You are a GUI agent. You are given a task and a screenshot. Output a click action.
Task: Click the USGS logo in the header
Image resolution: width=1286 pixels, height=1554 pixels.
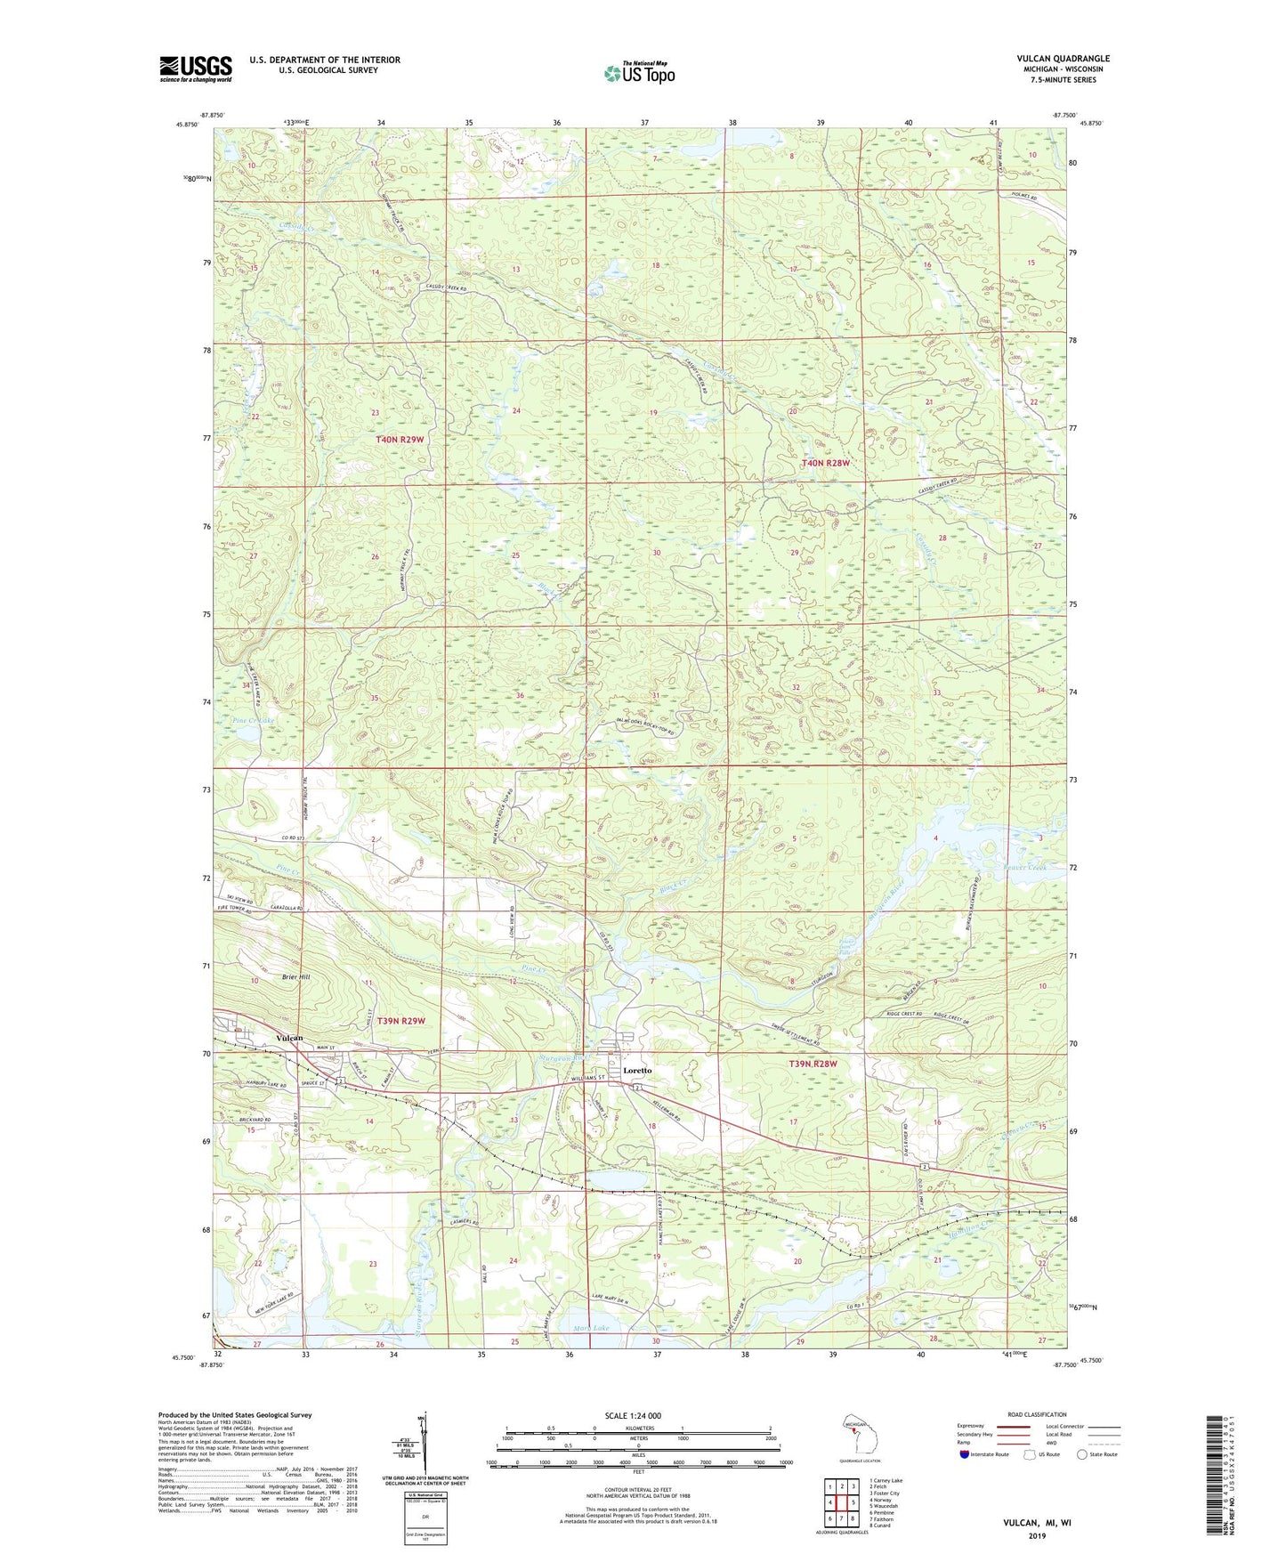pos(196,69)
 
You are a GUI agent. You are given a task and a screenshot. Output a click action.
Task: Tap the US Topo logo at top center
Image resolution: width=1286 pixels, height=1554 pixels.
pos(639,73)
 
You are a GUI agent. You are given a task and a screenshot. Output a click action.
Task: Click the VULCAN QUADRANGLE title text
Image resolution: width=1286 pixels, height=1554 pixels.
pos(1063,59)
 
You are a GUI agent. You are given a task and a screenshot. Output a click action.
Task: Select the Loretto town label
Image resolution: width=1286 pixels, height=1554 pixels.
pos(637,1070)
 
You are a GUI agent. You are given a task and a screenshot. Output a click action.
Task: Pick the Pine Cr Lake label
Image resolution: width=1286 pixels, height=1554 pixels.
pos(253,720)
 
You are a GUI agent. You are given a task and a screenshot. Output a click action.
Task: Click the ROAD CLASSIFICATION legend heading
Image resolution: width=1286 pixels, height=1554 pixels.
pos(1037,1414)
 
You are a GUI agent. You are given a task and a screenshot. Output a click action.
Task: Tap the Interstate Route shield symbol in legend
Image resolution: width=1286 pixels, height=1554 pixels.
pos(966,1455)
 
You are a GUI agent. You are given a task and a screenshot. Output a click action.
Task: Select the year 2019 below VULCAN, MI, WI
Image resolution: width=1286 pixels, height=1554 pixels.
pos(1037,1535)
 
